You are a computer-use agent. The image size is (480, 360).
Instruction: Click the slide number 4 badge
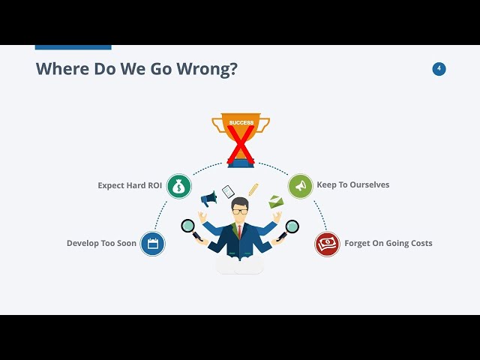439,69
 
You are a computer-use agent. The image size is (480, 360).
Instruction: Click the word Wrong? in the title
207,68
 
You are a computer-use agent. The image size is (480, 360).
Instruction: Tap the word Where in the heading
62,68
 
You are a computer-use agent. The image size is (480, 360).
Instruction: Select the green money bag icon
179,186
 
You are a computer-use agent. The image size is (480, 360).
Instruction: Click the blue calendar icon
152,244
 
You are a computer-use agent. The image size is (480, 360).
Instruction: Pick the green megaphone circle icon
300,186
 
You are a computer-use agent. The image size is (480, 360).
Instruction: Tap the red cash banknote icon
327,244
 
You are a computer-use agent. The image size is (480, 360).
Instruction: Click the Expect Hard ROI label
130,185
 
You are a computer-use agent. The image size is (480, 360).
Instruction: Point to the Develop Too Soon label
101,243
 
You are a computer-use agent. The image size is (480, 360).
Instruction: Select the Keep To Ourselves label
353,184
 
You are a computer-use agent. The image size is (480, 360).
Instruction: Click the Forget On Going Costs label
388,243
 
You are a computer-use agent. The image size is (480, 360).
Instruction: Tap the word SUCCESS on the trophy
241,122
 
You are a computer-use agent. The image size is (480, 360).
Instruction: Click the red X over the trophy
241,145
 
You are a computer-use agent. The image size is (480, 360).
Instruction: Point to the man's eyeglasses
240,211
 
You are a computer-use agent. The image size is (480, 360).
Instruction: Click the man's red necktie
240,232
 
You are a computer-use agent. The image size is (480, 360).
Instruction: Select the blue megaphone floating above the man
208,199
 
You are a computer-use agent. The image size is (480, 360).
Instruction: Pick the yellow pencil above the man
253,190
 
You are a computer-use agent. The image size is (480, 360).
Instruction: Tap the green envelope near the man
276,202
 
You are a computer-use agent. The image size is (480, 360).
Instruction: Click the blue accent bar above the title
73,47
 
